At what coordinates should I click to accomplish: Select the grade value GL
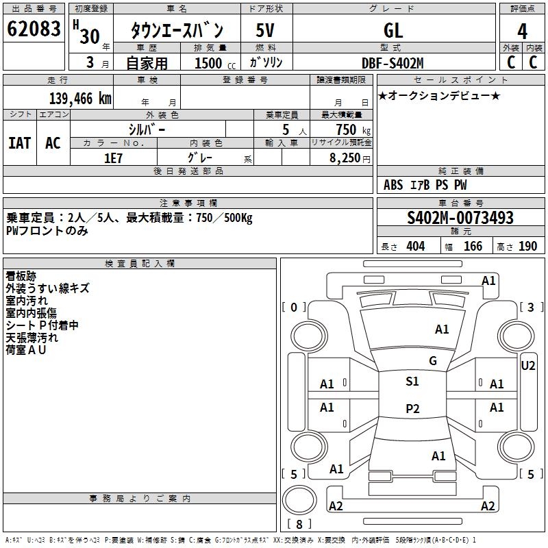(x=393, y=31)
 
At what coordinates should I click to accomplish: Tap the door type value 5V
(x=266, y=31)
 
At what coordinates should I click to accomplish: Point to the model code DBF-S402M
(x=393, y=63)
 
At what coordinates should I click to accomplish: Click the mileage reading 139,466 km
(x=80, y=99)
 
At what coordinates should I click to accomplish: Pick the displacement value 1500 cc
(x=212, y=63)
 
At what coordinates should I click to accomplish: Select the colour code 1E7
(x=113, y=157)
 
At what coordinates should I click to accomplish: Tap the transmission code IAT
(x=20, y=142)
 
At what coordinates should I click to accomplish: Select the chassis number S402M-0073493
(x=460, y=218)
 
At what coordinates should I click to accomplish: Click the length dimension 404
(x=415, y=247)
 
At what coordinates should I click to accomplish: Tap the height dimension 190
(x=527, y=247)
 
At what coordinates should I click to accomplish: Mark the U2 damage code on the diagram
(x=527, y=366)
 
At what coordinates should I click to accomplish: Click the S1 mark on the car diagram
(x=412, y=382)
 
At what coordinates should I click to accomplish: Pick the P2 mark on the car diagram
(x=412, y=408)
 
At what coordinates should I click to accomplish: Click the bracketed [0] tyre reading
(x=295, y=307)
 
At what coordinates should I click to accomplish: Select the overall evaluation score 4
(x=522, y=31)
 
